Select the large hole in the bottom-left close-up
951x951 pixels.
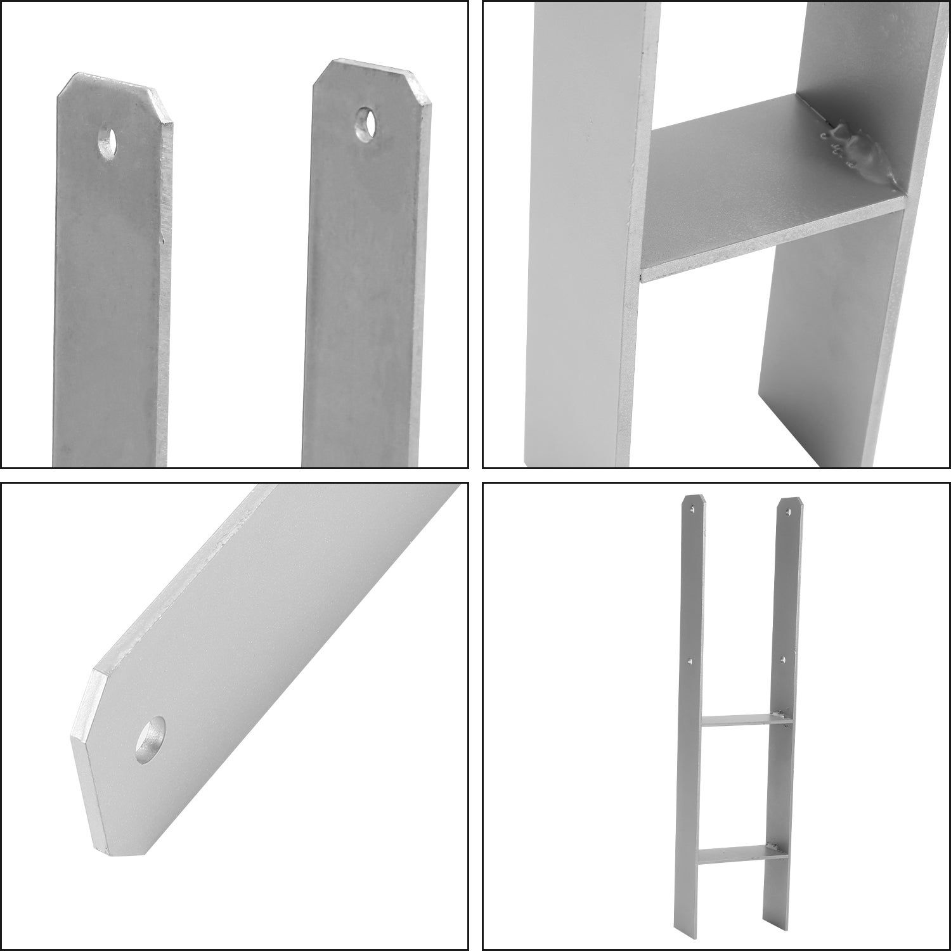pos(150,741)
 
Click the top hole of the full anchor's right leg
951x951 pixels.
pos(789,508)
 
